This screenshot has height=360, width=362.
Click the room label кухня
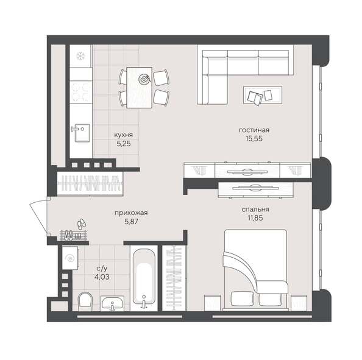coord(124,135)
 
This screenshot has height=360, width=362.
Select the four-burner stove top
coord(80,93)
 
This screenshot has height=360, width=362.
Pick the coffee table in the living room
coord(263,95)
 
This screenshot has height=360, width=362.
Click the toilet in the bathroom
coord(85,300)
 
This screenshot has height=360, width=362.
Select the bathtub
coord(144,278)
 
